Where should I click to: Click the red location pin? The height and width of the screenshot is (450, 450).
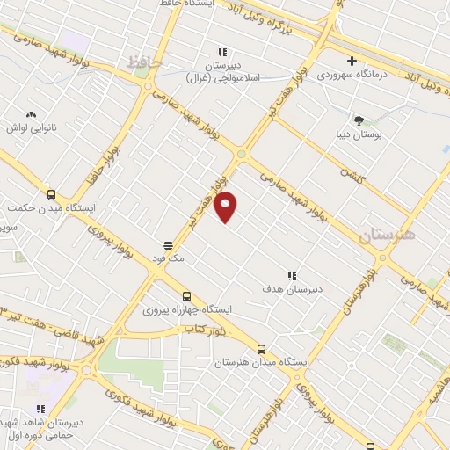[227, 206]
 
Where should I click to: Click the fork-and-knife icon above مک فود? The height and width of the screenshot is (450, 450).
[167, 245]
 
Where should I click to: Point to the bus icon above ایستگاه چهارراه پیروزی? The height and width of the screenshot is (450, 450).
[185, 296]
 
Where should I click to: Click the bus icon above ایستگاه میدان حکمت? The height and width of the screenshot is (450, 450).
[51, 195]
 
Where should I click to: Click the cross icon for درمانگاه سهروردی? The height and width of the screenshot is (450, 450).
[352, 62]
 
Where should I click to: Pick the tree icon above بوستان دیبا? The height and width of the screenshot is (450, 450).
[358, 119]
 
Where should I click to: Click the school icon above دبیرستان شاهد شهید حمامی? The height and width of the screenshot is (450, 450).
[40, 409]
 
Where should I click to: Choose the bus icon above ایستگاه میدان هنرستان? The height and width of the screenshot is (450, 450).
[261, 348]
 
